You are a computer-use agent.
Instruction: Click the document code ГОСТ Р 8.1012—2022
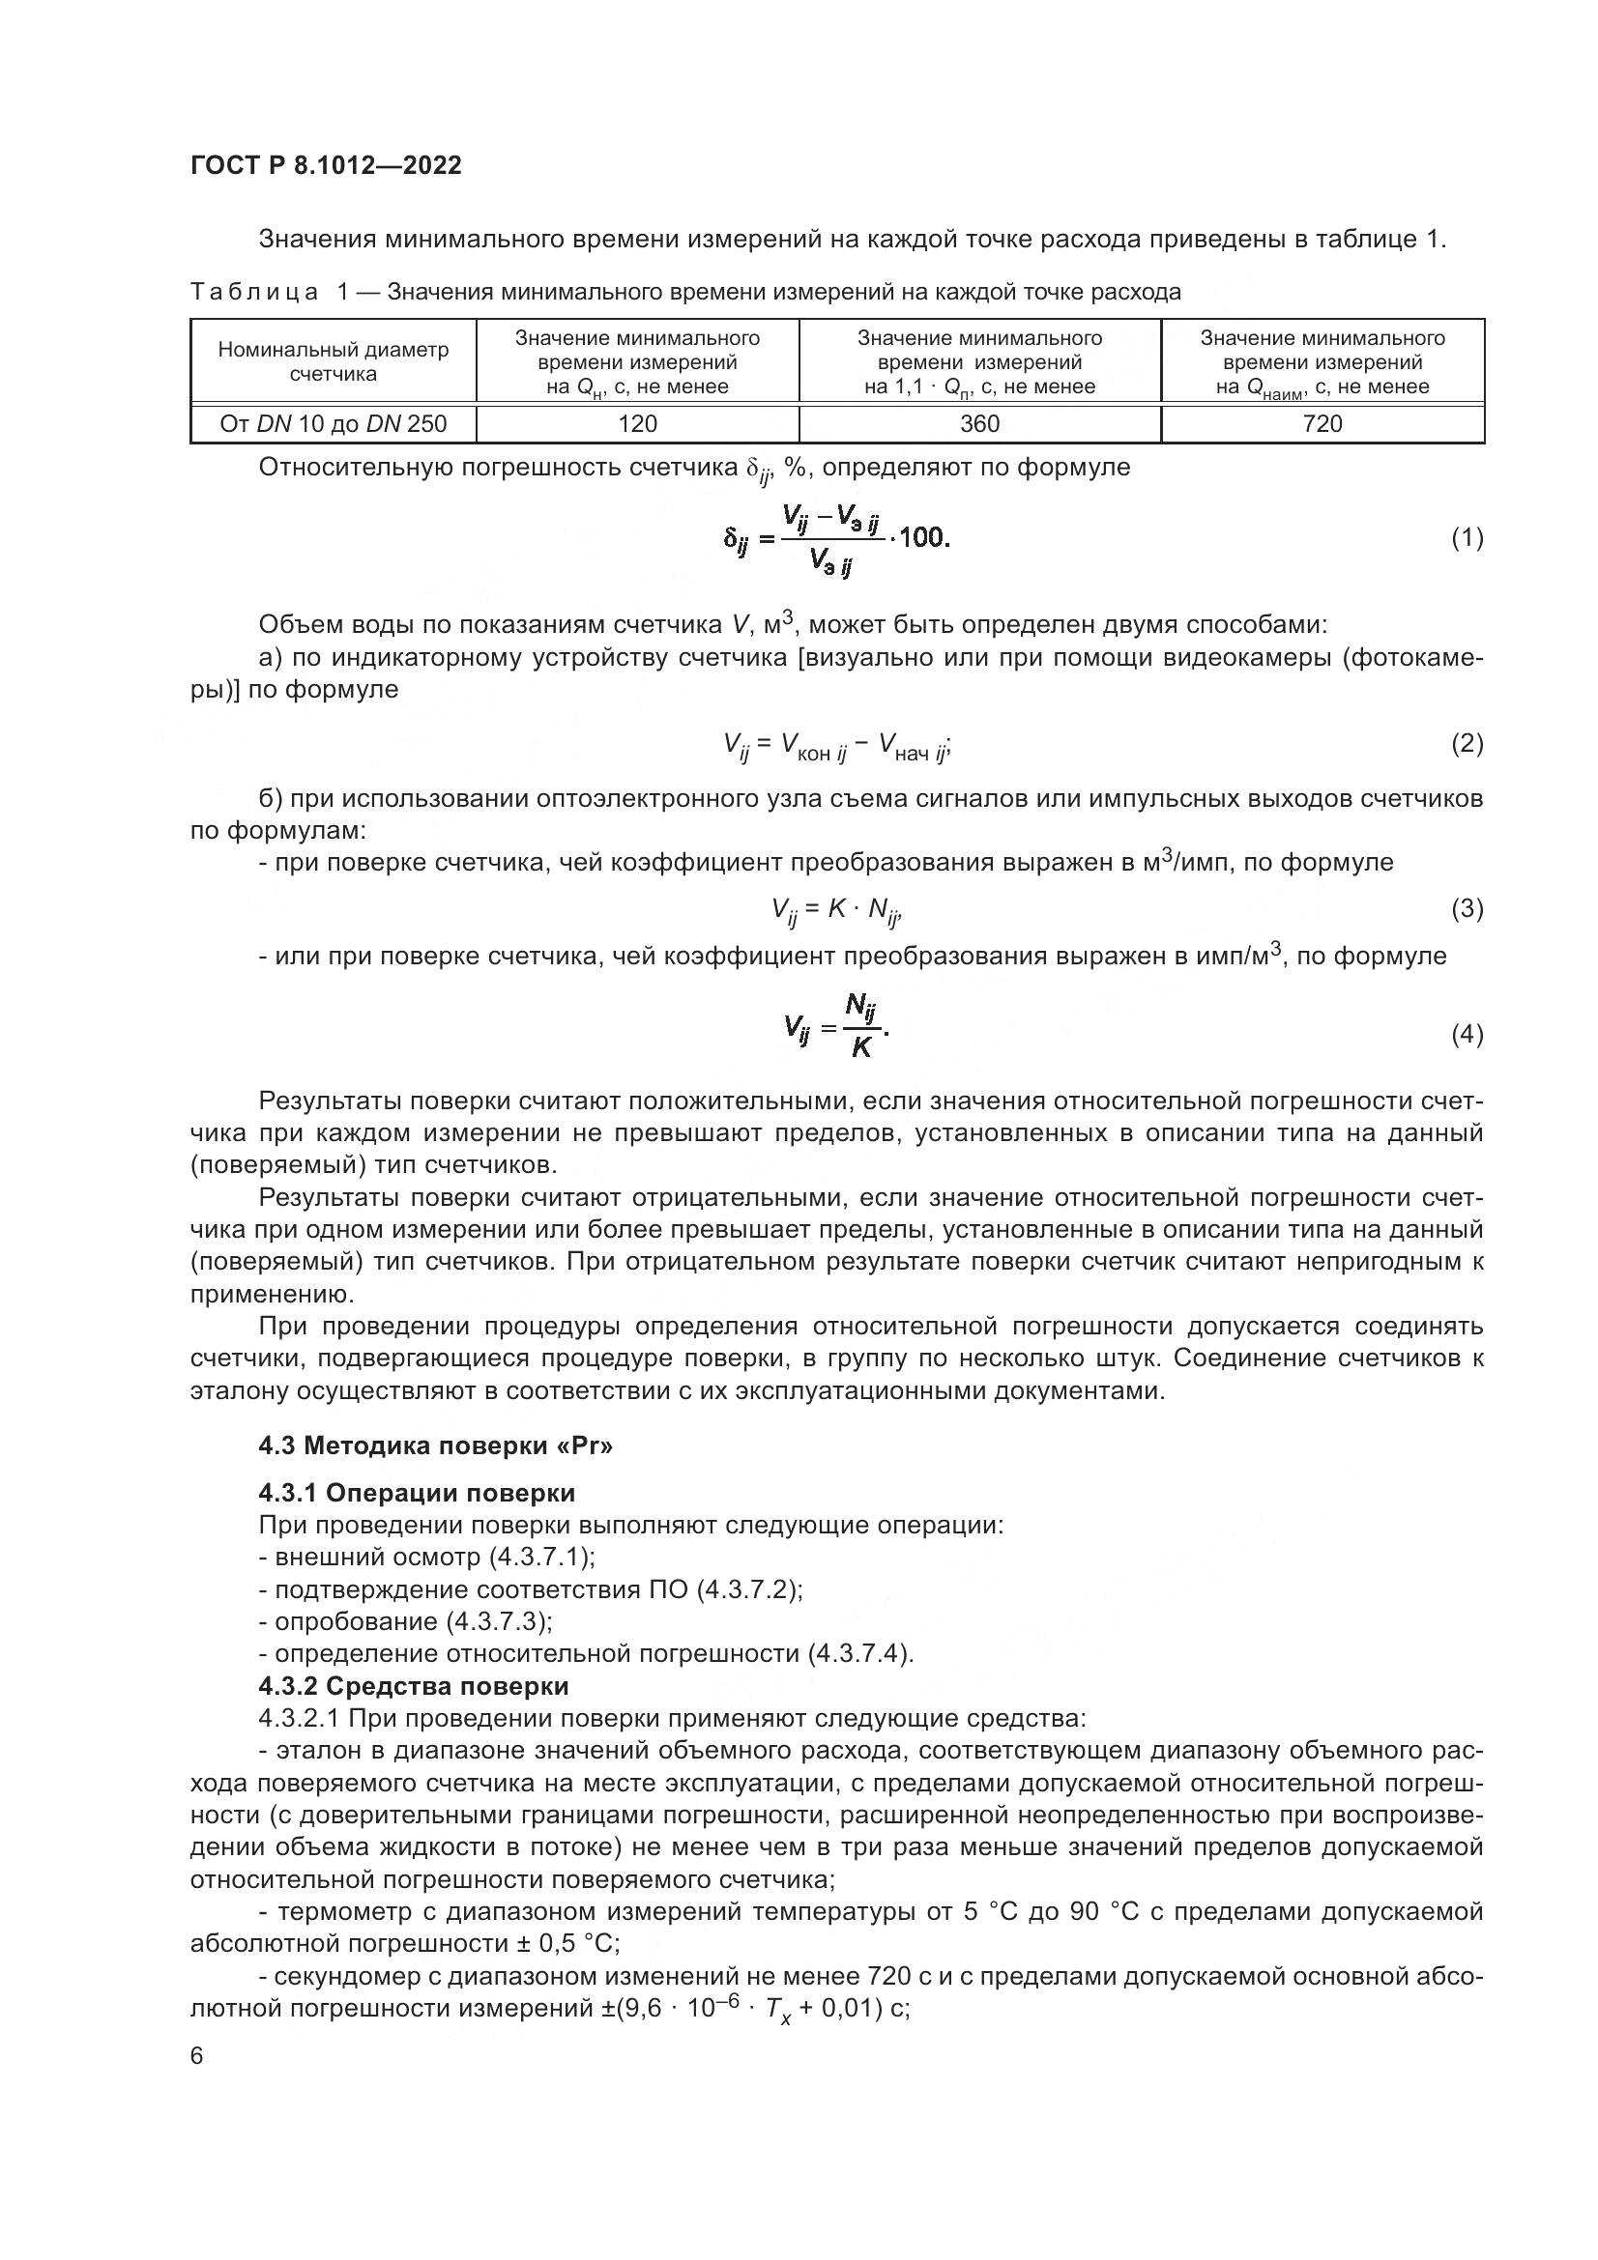click(x=326, y=165)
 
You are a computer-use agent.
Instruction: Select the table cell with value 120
click(x=637, y=424)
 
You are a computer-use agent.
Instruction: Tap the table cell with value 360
click(x=979, y=424)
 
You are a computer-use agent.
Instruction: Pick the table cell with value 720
click(x=1322, y=424)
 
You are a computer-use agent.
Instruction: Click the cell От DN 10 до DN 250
click(x=333, y=424)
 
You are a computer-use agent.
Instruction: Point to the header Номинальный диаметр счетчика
click(x=333, y=361)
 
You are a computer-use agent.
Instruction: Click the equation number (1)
click(x=1467, y=538)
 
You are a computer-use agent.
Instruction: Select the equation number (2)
click(x=1467, y=743)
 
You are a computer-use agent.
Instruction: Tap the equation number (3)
click(x=1467, y=908)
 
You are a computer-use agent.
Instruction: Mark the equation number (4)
click(x=1467, y=1035)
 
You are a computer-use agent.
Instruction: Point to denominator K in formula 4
click(x=860, y=1048)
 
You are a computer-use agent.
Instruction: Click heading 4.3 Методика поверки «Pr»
click(x=436, y=1446)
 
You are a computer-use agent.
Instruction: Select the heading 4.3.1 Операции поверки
click(x=417, y=1493)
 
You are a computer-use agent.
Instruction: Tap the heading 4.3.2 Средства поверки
click(x=414, y=1686)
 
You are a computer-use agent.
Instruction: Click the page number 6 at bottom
click(x=197, y=2056)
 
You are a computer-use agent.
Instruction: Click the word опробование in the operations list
click(x=356, y=1621)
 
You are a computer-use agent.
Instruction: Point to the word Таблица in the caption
click(x=254, y=293)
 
